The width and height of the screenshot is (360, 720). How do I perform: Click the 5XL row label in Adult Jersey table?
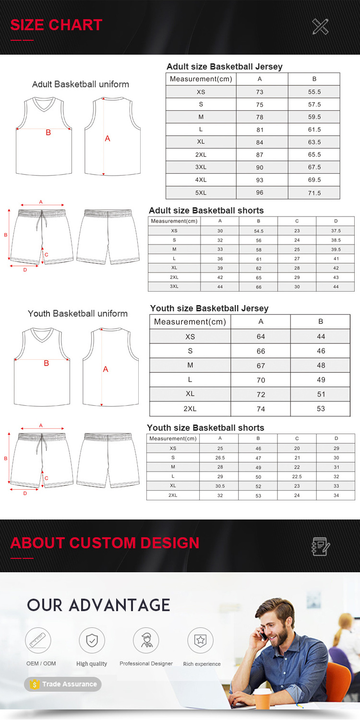201,192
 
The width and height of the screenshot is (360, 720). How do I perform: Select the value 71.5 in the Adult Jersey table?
314,192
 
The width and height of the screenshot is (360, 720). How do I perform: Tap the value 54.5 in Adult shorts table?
258,231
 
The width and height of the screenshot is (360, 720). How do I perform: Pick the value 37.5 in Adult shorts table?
336,231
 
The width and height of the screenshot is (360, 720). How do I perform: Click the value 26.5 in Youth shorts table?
220,458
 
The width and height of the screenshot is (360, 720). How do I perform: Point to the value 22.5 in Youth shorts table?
297,477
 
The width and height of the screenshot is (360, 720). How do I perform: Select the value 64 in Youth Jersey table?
261,336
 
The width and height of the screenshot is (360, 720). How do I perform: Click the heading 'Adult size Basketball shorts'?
206,211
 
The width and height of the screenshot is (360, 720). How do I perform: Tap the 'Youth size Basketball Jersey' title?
209,308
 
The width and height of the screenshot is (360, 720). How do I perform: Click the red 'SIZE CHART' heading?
56,25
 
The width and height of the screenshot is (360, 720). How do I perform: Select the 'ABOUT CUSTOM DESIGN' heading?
105,543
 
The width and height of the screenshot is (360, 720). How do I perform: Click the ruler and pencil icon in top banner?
320,26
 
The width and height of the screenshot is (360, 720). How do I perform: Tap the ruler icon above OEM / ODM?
38,640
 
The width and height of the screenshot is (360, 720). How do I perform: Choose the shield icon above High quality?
92,640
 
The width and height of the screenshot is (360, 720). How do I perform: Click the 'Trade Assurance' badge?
63,684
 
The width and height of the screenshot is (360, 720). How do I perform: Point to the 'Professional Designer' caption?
146,664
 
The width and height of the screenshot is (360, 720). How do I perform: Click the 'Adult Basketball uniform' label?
81,84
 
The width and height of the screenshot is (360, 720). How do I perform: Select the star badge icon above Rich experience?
200,640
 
